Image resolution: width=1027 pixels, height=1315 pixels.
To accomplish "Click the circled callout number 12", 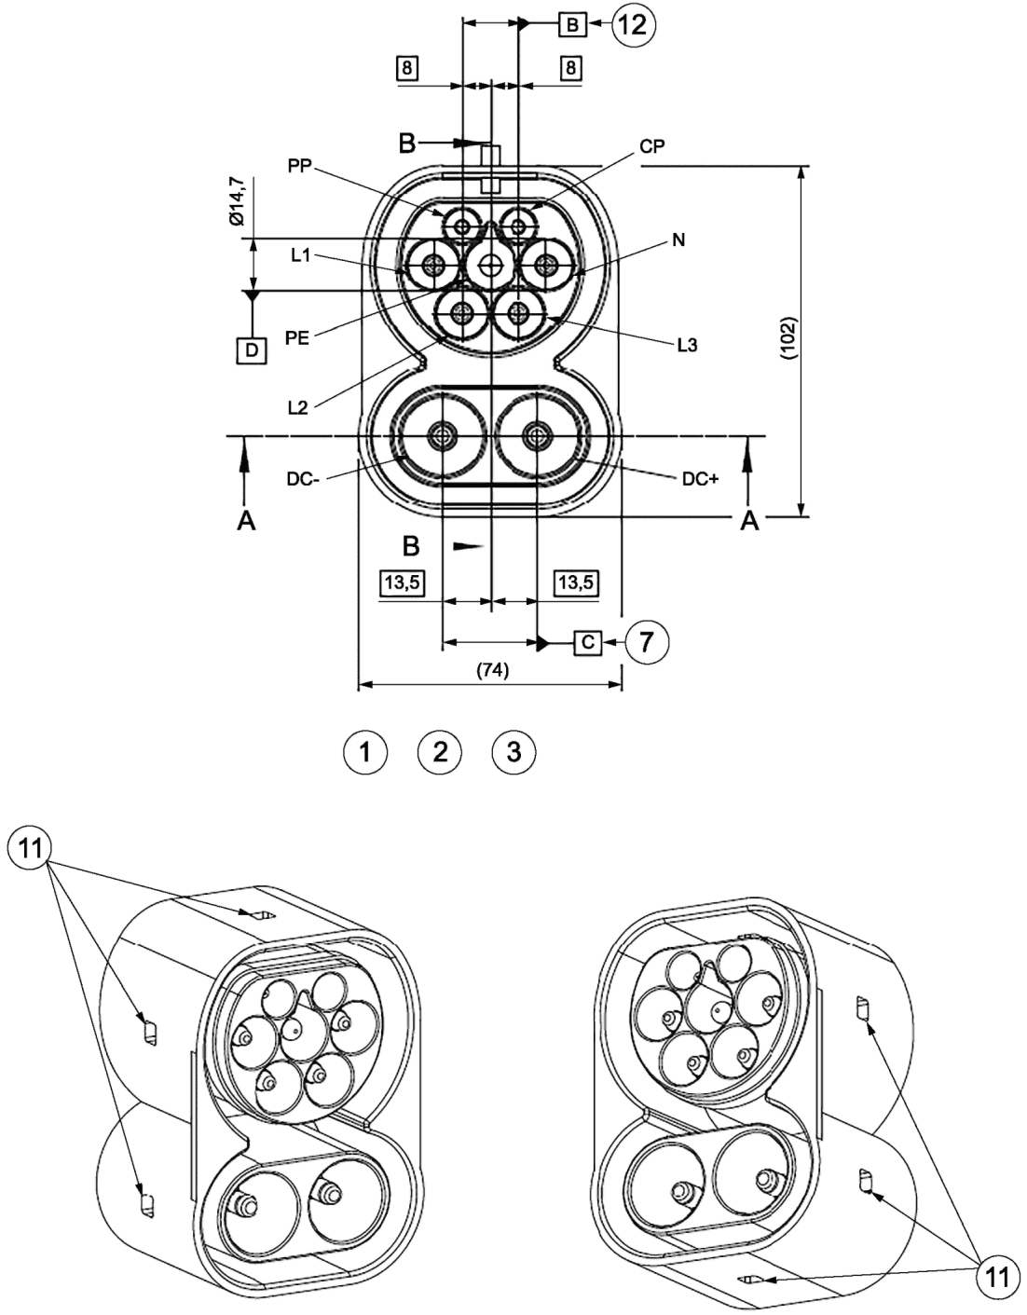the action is pos(634,25).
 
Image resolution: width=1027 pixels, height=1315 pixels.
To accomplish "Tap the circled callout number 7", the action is pos(647,641).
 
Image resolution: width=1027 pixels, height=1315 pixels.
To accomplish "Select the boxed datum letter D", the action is pos(252,349).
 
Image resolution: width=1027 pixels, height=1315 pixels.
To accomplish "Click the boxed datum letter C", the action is pos(588,641).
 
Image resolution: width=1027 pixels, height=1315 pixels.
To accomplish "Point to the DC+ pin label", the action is pos(700,479).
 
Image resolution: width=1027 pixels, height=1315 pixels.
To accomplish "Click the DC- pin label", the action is pos(303,479).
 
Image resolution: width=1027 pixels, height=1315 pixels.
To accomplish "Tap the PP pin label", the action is pos(299,167).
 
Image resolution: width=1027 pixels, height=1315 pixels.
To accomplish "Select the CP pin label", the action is pos(651,146).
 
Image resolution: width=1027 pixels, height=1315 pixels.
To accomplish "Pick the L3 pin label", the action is pos(687,346).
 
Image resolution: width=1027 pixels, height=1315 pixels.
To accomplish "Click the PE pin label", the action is pos(297,337).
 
